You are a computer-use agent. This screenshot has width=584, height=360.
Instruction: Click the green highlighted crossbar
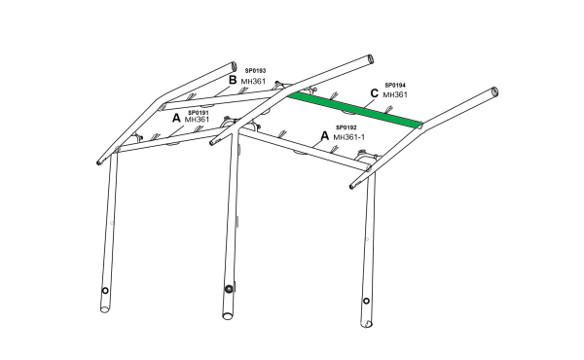(354, 109)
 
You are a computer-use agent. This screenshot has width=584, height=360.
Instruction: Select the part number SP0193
(255, 71)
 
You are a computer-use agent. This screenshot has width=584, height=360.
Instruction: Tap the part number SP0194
(395, 86)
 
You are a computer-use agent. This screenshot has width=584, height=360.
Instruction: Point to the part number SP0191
(199, 113)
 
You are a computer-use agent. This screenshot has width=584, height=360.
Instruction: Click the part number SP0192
(346, 127)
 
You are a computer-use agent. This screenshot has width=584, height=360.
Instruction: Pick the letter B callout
(233, 80)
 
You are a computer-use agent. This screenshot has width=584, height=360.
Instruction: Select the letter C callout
(375, 93)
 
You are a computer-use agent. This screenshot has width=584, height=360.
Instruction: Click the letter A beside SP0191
(176, 119)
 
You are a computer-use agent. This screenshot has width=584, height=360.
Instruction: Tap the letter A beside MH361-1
(325, 136)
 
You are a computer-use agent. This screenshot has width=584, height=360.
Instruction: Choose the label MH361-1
(349, 137)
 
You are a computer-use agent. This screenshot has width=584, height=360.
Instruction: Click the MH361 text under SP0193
(253, 81)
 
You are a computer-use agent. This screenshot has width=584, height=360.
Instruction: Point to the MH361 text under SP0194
(395, 94)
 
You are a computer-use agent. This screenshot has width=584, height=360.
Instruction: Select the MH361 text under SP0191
(197, 120)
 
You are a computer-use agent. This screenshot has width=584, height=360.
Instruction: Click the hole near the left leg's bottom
(105, 290)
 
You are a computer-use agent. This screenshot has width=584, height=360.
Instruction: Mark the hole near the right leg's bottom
(366, 301)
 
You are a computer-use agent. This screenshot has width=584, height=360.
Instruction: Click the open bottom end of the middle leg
(228, 316)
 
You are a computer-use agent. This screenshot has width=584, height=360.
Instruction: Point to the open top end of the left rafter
(234, 66)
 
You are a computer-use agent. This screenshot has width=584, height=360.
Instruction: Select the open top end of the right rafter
(495, 91)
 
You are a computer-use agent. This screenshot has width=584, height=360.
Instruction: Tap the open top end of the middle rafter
(371, 59)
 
